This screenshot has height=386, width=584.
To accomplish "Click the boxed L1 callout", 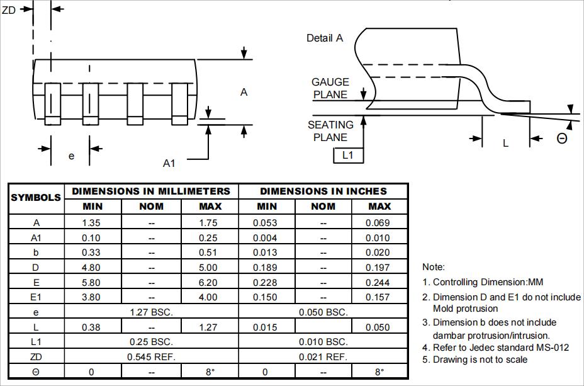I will (x=348, y=155).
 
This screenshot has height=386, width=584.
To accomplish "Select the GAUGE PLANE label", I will (x=330, y=88).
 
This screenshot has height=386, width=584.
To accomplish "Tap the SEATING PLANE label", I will (x=330, y=131).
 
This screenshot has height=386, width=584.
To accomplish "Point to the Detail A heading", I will (x=324, y=38).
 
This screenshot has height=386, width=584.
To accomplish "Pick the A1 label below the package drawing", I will (x=169, y=163).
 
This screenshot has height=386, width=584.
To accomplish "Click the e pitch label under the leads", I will (x=71, y=156).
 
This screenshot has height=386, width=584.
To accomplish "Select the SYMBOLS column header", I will (x=36, y=198).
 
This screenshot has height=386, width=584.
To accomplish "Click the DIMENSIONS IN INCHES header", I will (x=323, y=191).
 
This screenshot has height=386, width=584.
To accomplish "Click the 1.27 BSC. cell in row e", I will (x=151, y=312).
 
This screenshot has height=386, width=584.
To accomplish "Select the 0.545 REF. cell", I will (x=151, y=357).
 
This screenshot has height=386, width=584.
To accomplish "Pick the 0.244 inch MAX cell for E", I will (x=379, y=282).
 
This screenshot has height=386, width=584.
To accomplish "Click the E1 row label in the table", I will (x=36, y=297).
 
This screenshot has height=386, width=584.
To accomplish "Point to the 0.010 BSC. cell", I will (x=323, y=342).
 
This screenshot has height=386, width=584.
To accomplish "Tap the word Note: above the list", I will (x=434, y=267).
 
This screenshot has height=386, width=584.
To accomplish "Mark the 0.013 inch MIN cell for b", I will (x=266, y=253).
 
